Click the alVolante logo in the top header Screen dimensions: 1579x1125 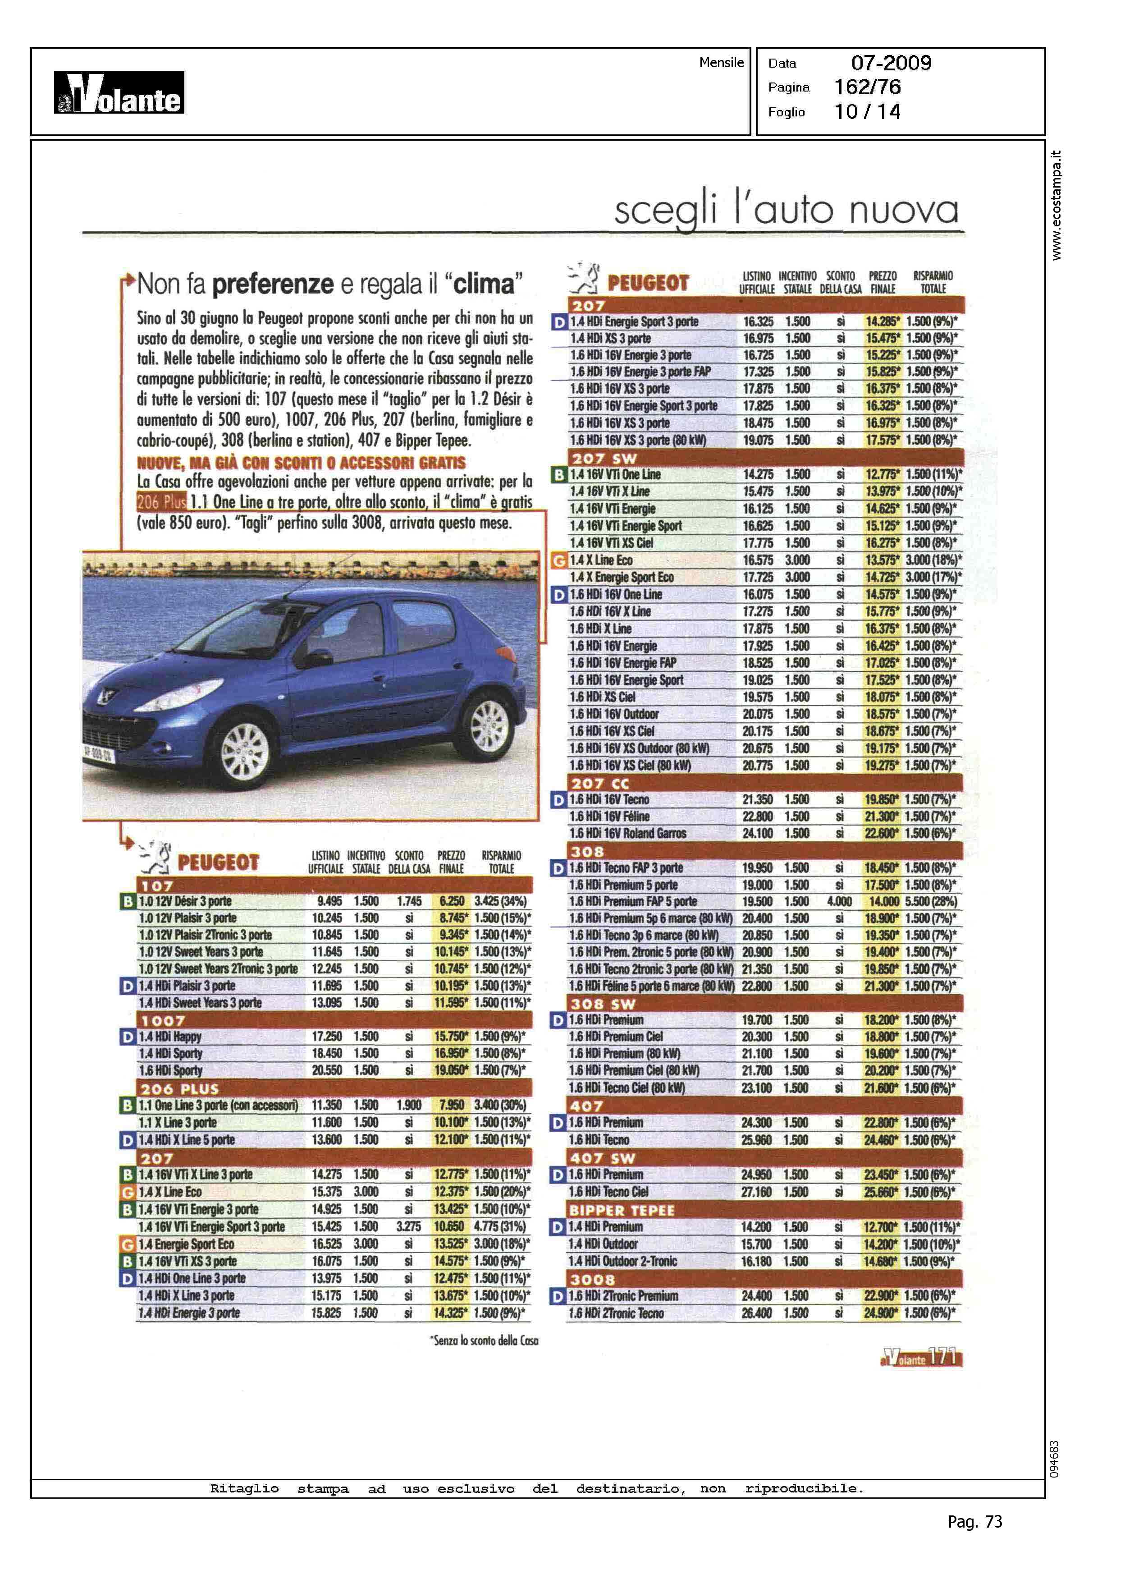point(119,92)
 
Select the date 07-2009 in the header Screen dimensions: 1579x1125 point(891,63)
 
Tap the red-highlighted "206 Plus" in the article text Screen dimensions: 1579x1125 point(161,502)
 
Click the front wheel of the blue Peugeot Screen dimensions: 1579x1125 point(245,752)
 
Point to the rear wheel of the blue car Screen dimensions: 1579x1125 point(489,726)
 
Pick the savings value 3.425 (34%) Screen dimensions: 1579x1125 point(500,901)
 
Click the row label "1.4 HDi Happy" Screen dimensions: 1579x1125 point(170,1037)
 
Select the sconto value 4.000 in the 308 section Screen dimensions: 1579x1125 point(839,901)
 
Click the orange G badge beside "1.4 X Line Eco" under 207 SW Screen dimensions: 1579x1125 point(558,560)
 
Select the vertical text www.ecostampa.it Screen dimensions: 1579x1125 point(1056,205)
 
